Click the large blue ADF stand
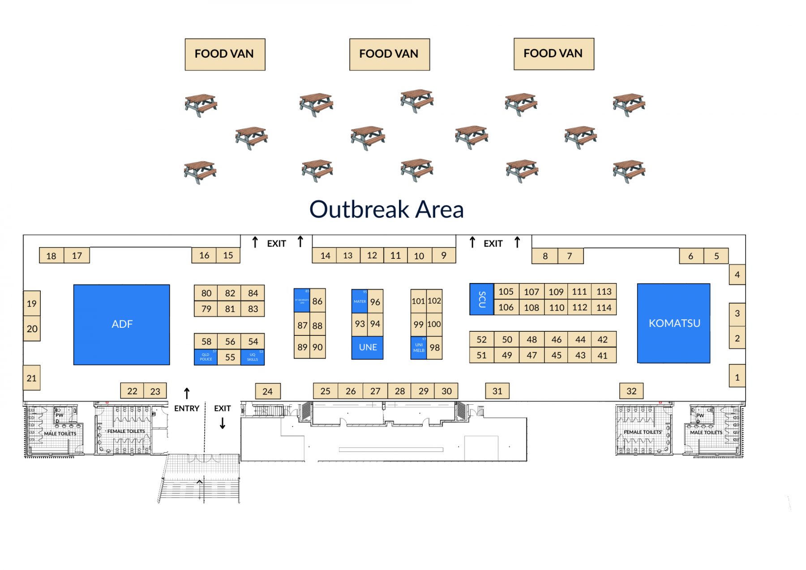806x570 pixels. tap(121, 324)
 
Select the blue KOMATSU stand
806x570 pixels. tap(673, 323)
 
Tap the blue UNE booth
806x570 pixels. tap(367, 347)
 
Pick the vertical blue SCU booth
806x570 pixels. tap(481, 299)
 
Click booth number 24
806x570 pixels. tap(267, 391)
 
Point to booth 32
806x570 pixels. tap(631, 391)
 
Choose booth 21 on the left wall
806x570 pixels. tap(31, 378)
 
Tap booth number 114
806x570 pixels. tap(604, 308)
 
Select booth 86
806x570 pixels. tap(317, 301)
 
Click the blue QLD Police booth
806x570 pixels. tap(206, 357)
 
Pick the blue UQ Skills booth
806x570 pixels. tap(253, 357)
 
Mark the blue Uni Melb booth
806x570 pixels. tap(419, 348)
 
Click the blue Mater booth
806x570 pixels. tap(360, 301)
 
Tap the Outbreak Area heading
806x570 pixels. tap(386, 209)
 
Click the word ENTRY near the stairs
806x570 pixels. tap(186, 408)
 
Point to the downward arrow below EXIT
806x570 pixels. tap(223, 423)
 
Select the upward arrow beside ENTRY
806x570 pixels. tap(187, 393)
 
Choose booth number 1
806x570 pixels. tap(737, 377)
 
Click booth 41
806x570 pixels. tap(603, 356)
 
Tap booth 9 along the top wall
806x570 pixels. tap(444, 255)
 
